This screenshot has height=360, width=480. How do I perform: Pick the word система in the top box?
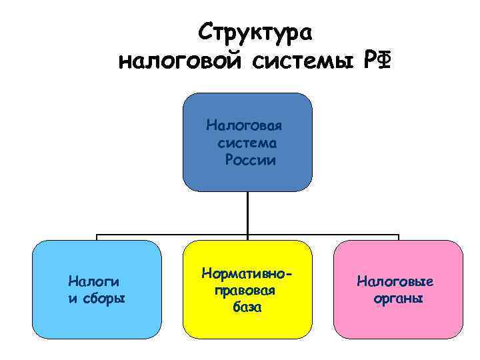(x=247, y=143)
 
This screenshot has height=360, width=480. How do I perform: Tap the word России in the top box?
(x=250, y=160)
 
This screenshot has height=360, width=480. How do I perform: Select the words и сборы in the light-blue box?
(x=97, y=297)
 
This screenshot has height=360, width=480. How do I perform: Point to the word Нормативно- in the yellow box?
(x=247, y=274)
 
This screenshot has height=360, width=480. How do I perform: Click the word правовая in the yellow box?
(x=247, y=291)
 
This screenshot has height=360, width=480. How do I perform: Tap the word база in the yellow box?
(x=247, y=308)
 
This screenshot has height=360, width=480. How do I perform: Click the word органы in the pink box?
(x=399, y=298)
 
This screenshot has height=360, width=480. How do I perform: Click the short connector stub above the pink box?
(x=398, y=237)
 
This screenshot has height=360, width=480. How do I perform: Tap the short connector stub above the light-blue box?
(x=97, y=237)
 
